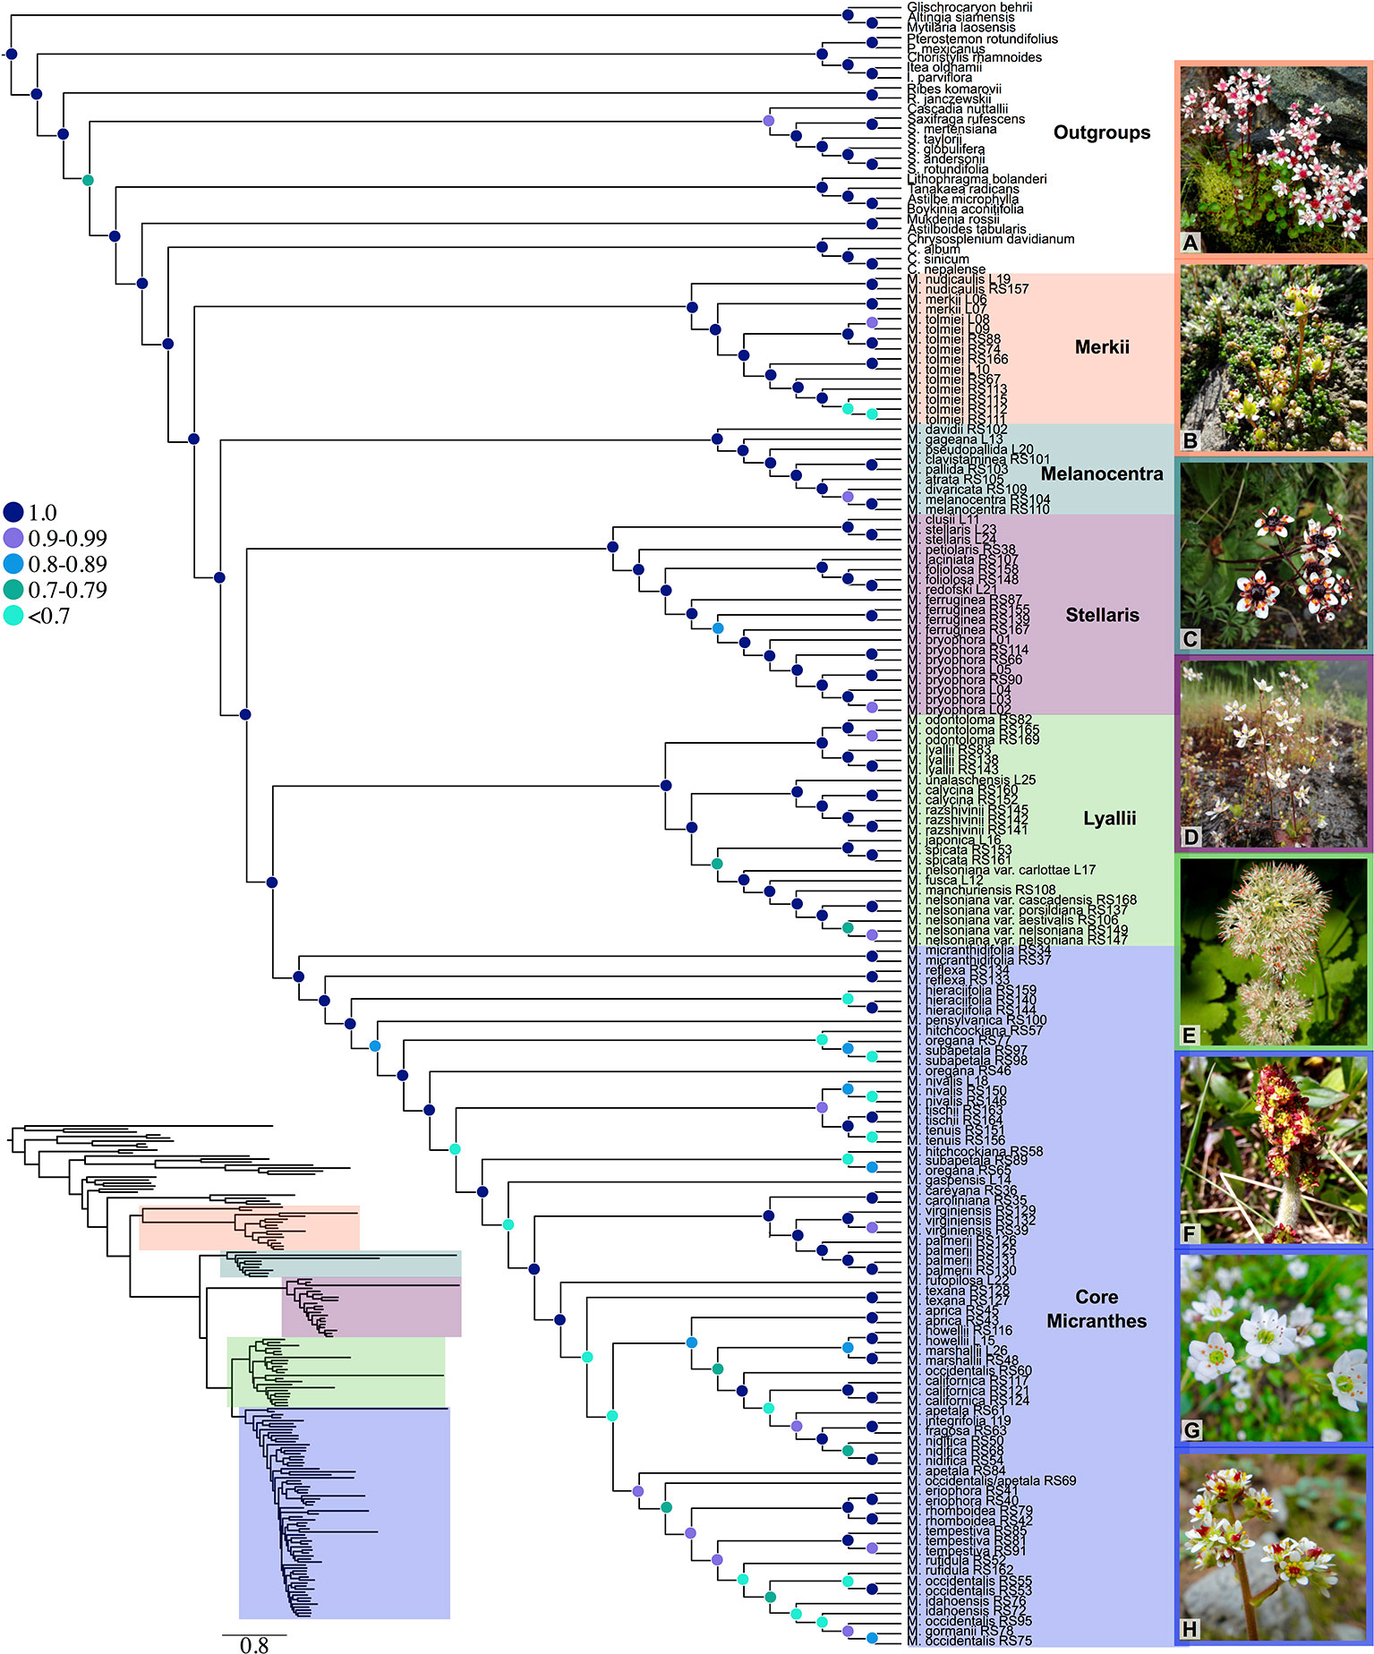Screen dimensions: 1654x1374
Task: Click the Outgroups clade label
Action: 1101,132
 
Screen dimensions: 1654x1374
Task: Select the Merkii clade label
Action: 1102,347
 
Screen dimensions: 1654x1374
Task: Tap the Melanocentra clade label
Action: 1102,473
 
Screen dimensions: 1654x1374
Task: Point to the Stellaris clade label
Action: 1102,615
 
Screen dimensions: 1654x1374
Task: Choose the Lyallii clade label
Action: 1109,818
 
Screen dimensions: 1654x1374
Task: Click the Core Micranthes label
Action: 1097,1309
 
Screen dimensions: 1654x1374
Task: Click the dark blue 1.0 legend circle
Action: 13,513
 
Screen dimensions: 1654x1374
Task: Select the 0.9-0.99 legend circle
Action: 13,538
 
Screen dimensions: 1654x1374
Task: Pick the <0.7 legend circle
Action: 13,616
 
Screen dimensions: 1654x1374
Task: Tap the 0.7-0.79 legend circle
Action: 13,590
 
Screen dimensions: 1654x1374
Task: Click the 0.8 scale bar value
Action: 254,1644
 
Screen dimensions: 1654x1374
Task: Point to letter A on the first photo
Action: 1191,243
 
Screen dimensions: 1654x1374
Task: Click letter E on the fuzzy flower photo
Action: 1190,1036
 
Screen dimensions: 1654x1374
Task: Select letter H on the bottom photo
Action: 1190,1629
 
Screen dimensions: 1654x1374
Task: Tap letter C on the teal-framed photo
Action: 1190,639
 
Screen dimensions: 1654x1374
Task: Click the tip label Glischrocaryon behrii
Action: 956,6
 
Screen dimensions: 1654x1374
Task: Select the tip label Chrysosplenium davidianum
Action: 990,239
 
